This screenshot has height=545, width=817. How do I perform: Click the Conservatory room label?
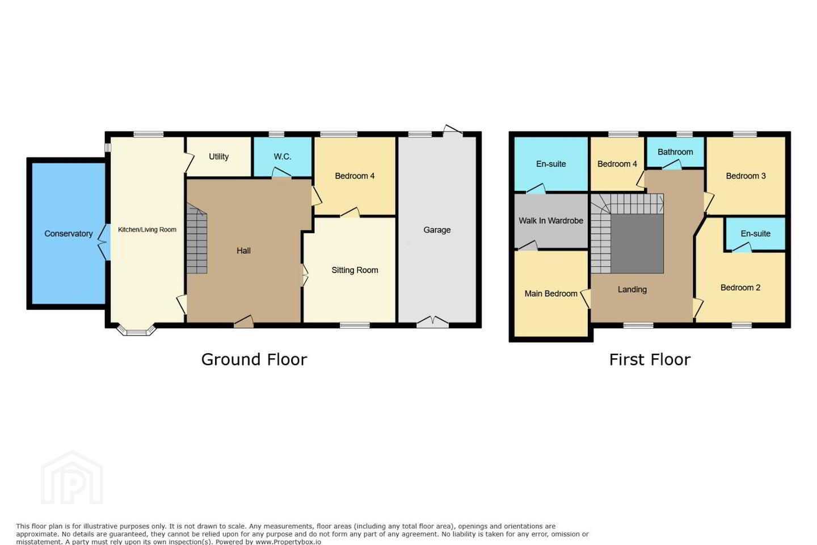(x=69, y=234)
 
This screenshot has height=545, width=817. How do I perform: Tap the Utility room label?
(x=219, y=157)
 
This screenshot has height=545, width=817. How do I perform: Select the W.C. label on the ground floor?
(x=283, y=157)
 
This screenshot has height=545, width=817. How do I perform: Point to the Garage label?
(x=437, y=230)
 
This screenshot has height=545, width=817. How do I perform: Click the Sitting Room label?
(x=355, y=270)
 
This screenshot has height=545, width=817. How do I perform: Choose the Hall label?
(x=243, y=250)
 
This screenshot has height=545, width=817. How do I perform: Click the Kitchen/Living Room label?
(x=147, y=229)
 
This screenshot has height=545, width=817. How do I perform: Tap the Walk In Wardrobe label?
(x=551, y=220)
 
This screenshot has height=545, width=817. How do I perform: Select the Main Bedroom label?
(x=551, y=294)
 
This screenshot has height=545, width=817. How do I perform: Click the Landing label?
(x=632, y=290)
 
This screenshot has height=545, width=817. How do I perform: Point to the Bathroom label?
(x=675, y=152)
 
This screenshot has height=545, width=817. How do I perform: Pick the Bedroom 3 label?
(x=746, y=176)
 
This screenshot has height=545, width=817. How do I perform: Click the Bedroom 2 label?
(x=740, y=288)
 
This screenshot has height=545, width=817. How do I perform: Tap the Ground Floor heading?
(x=254, y=359)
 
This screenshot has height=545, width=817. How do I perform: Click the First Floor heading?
(x=650, y=359)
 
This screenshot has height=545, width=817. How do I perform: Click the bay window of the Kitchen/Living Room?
(x=136, y=331)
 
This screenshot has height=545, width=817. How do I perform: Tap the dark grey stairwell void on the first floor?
(x=637, y=244)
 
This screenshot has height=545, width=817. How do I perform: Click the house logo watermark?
(x=72, y=477)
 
